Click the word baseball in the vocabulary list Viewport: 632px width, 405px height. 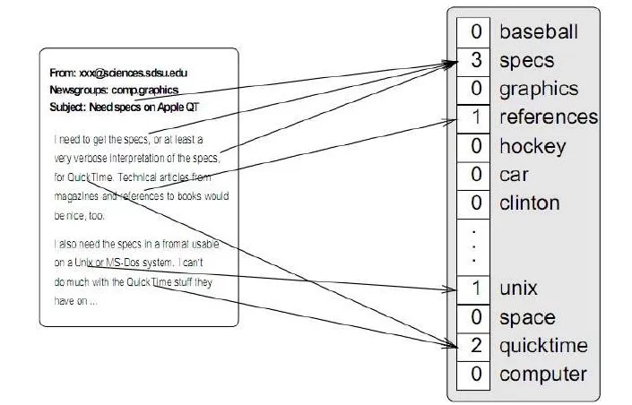[x=539, y=32]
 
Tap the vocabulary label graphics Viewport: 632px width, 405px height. [x=539, y=90]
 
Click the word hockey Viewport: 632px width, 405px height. [x=532, y=146]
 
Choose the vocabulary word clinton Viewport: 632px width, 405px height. [x=530, y=202]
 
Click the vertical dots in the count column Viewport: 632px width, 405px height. [x=473, y=246]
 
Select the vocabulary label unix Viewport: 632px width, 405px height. [x=518, y=289]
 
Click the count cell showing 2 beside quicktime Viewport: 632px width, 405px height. [x=473, y=347]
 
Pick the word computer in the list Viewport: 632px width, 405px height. [x=543, y=375]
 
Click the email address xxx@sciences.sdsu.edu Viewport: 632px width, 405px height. [x=133, y=73]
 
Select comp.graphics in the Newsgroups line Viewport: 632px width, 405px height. [x=144, y=90]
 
